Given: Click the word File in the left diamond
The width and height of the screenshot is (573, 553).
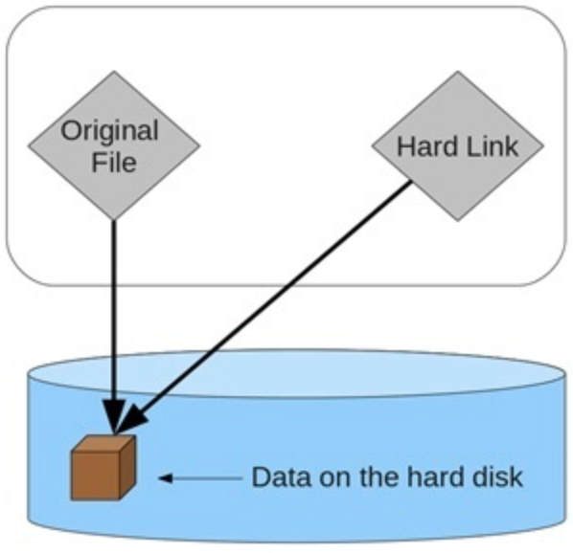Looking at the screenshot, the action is point(114,163).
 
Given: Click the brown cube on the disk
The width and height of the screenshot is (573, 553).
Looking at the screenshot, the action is point(103,467).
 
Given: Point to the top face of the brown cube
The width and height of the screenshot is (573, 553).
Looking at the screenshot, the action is point(104,444).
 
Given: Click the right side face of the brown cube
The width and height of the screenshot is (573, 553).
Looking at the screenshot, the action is point(127,467).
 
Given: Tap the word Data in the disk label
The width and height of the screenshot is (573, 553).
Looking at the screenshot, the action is point(282,476).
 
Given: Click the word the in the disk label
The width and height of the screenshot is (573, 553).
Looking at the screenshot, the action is point(378,476).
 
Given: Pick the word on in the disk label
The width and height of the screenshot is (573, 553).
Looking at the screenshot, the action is point(335,478).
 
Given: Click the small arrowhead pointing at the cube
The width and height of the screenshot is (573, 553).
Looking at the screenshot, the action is point(166,477).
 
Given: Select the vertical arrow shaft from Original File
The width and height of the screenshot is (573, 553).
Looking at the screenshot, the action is point(114,310).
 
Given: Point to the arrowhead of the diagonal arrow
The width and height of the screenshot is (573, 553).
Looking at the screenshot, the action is point(131,418).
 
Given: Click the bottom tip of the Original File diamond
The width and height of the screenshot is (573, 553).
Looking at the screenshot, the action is point(114,220).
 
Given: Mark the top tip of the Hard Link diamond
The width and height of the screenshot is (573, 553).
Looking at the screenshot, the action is point(458,72).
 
